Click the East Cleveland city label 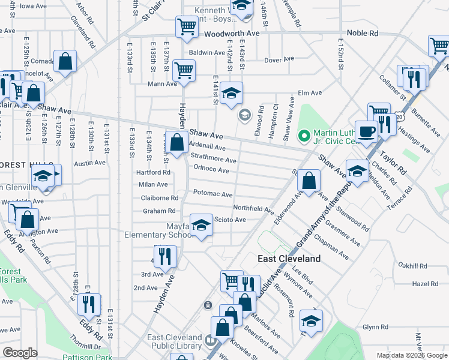[289, 259]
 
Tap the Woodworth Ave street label [231, 34]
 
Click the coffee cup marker [366, 131]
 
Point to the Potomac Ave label [212, 194]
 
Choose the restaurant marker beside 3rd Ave [163, 256]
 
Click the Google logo [20, 353]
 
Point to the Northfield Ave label [253, 209]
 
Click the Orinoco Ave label [210, 170]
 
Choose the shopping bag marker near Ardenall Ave [176, 143]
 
